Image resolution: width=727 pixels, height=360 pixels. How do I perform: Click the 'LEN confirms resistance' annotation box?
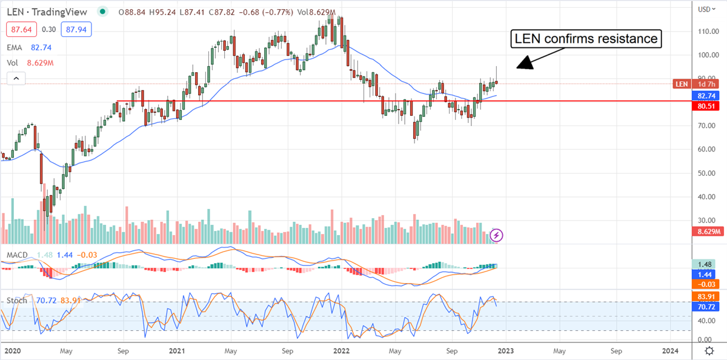(586, 39)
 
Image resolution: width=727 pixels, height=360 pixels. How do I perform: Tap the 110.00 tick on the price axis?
(703, 32)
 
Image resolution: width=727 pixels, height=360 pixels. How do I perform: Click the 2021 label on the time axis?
(177, 351)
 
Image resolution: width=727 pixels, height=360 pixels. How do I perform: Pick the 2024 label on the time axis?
(670, 351)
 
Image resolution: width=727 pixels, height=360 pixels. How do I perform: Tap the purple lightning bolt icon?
(496, 235)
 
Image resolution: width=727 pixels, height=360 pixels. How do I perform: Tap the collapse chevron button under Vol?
(16, 78)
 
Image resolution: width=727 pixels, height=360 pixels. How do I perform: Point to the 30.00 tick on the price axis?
(703, 221)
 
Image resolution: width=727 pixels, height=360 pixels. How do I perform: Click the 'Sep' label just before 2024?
(616, 351)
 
